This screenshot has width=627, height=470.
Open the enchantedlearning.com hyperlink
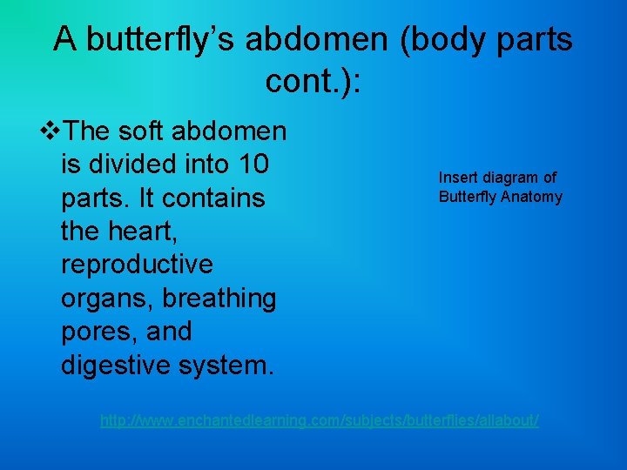(320, 420)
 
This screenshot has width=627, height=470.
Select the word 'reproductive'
(137, 265)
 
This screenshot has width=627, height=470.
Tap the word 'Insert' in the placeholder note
(457, 178)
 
